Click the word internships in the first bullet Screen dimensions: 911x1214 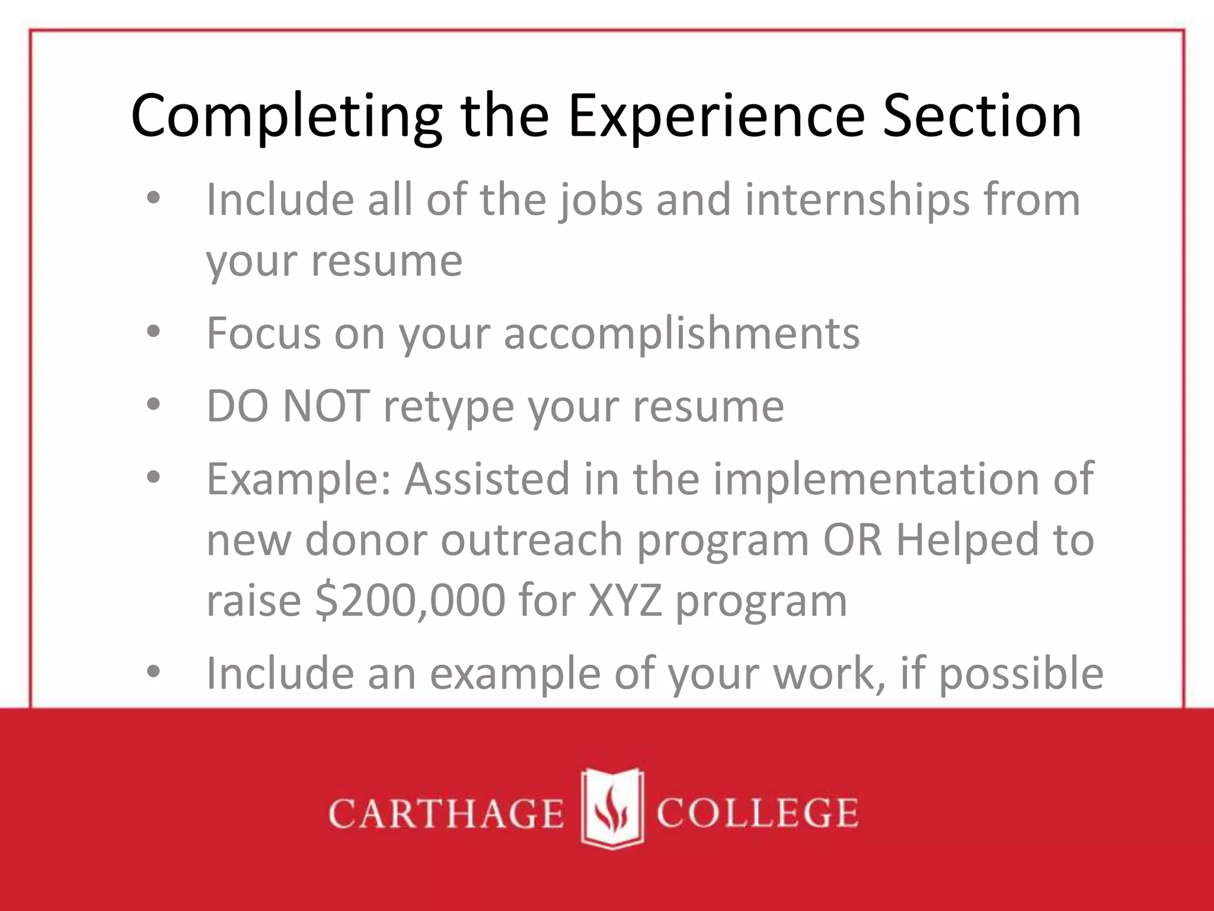tap(857, 200)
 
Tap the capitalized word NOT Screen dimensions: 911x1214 tap(327, 406)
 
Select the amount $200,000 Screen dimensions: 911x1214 tap(410, 601)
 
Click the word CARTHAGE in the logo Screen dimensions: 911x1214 tap(446, 813)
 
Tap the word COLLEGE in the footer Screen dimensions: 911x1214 tap(757, 813)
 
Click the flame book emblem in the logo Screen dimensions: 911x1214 tap(611, 808)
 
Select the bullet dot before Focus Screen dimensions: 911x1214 tap(154, 333)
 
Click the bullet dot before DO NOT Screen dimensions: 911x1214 tap(154, 406)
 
